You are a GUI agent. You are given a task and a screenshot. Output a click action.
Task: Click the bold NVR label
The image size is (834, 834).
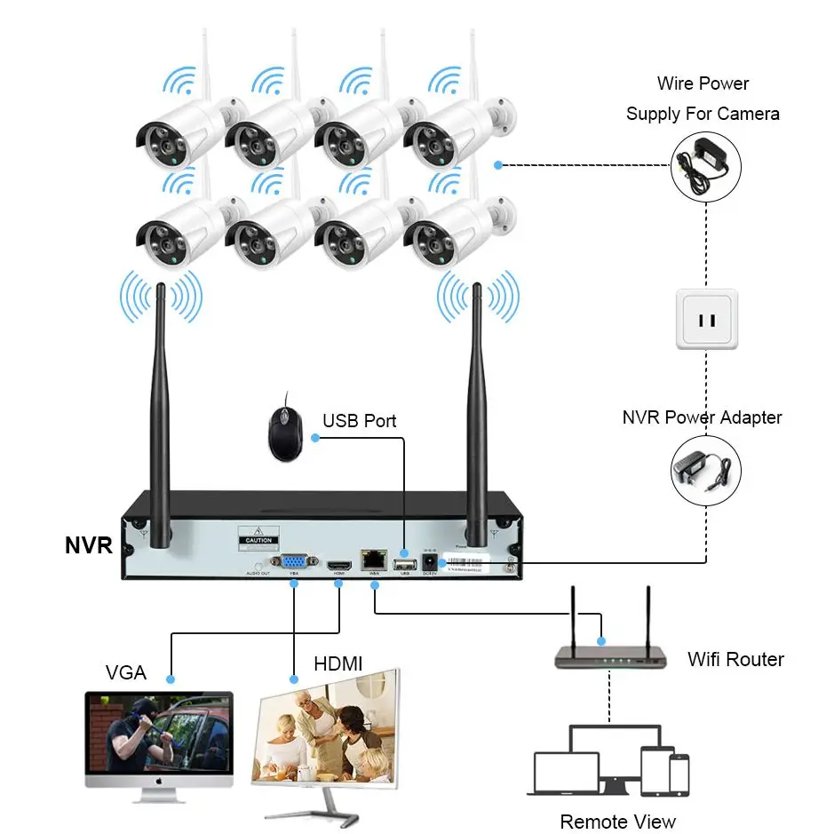pyautogui.click(x=89, y=544)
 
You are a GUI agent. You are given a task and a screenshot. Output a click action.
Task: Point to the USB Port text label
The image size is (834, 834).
pyautogui.click(x=359, y=420)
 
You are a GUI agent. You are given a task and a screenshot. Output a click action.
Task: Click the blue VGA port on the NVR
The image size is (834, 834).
pyautogui.click(x=292, y=561)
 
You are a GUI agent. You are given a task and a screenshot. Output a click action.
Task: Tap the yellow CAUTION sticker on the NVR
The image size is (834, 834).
pyautogui.click(x=258, y=540)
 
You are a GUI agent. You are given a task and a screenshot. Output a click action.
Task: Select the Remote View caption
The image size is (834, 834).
pyautogui.click(x=617, y=822)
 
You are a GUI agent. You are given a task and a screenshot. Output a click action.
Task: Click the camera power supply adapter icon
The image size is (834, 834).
pyautogui.click(x=705, y=165)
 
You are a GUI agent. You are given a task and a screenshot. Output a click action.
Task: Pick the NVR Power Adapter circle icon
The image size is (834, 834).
pyautogui.click(x=704, y=468)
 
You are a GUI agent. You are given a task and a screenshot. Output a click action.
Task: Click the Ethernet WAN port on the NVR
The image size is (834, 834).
pyautogui.click(x=371, y=560)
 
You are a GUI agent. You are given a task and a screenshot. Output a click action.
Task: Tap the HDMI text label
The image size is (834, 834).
pyautogui.click(x=338, y=663)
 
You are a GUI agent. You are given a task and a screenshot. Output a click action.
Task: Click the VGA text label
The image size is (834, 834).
pyautogui.click(x=125, y=672)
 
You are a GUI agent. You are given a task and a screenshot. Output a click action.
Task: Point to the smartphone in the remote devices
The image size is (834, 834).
pyautogui.click(x=679, y=774)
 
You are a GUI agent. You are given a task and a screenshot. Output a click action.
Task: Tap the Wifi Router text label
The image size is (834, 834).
pyautogui.click(x=735, y=659)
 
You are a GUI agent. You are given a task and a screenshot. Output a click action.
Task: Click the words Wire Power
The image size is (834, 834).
pyautogui.click(x=703, y=83)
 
